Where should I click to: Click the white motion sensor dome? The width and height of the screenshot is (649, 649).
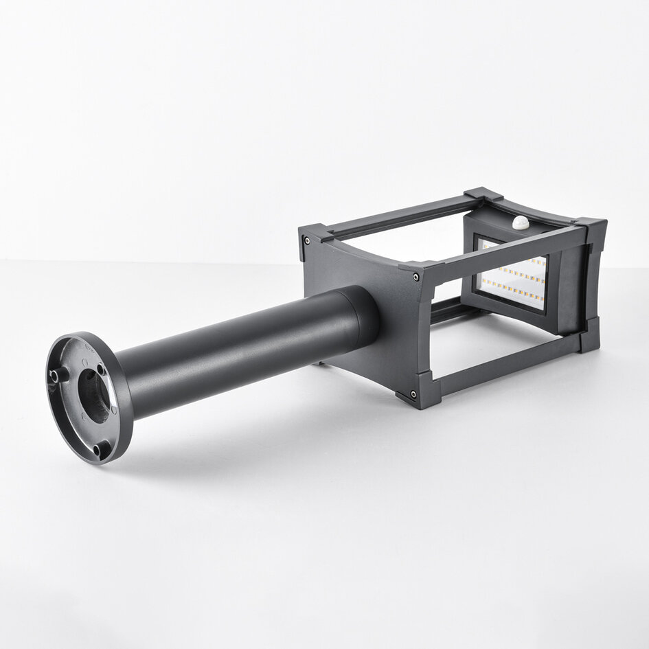coord(521,223)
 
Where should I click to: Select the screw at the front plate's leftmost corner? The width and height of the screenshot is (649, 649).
coord(306,240)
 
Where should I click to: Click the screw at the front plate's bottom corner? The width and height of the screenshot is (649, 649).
coord(413,394)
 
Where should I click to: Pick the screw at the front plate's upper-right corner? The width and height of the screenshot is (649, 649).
coord(416,277)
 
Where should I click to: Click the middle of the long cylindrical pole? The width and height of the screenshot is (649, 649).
coord(240,350)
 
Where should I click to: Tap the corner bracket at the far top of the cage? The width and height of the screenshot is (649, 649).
coord(483,194)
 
